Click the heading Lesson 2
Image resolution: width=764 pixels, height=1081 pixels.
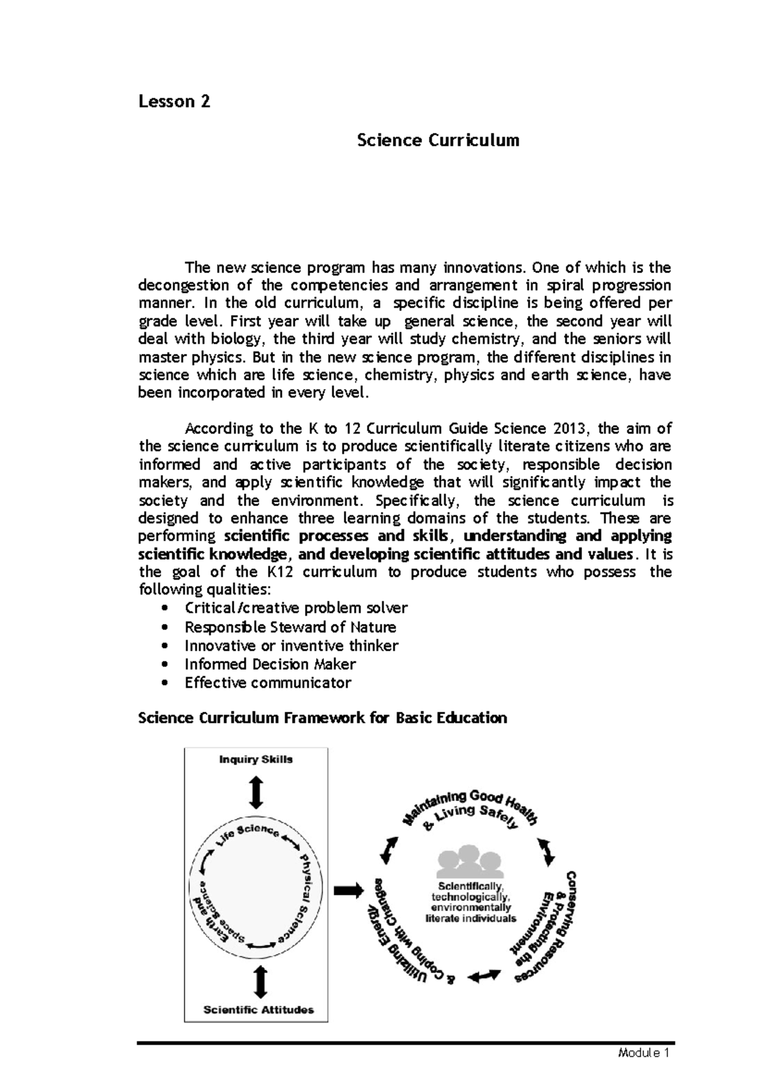point(174,102)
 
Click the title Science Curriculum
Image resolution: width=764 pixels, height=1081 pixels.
point(437,140)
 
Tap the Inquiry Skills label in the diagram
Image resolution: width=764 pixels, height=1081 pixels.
point(255,760)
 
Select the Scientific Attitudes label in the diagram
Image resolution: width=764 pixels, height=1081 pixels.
point(258,1009)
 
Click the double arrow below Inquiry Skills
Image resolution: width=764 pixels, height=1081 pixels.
point(256,792)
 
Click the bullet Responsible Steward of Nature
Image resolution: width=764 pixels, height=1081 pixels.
point(290,627)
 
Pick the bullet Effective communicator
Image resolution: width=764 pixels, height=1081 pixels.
point(267,682)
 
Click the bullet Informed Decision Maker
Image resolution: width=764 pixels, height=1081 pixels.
point(269,664)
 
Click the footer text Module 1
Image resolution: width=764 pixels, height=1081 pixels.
point(644,1053)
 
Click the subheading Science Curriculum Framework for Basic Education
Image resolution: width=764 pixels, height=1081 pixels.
point(322,718)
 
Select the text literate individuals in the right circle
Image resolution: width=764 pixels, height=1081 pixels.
point(470,919)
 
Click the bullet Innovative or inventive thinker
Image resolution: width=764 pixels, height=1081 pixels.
point(291,646)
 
